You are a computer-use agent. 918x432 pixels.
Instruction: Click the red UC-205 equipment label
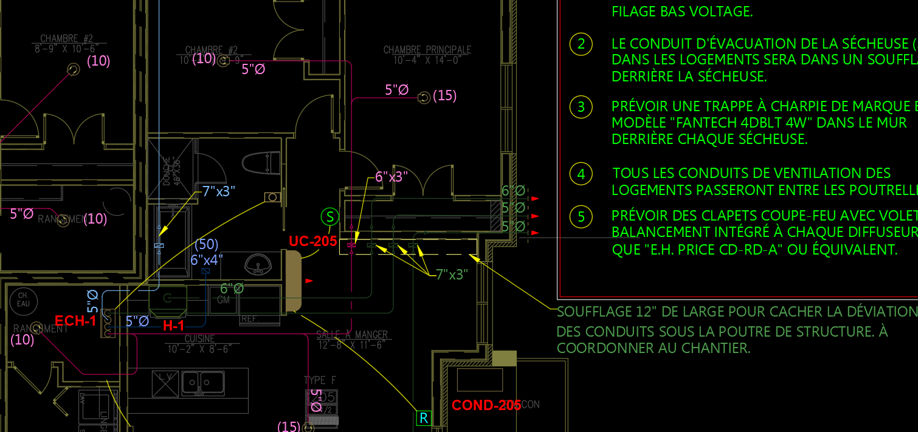(312, 241)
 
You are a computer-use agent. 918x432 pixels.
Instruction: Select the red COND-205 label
(486, 405)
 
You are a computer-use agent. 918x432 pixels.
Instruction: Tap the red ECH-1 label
(75, 321)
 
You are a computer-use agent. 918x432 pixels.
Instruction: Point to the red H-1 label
(174, 326)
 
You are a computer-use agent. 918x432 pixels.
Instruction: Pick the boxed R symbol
(424, 418)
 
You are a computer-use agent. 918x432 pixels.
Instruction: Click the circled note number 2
(581, 44)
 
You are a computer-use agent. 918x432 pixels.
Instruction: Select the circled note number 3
(581, 107)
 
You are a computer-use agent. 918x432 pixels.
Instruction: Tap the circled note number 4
(581, 174)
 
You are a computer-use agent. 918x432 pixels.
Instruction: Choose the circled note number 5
(581, 216)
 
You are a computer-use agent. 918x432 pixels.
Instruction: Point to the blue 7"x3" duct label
(218, 191)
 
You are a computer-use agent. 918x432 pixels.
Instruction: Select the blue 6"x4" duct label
(207, 259)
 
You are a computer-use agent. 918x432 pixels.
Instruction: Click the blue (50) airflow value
(207, 245)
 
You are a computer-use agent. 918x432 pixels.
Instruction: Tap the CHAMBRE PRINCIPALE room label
(427, 50)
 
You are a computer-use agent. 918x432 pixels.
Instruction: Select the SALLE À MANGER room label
(352, 335)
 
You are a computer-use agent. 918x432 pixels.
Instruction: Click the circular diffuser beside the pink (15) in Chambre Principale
(424, 97)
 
